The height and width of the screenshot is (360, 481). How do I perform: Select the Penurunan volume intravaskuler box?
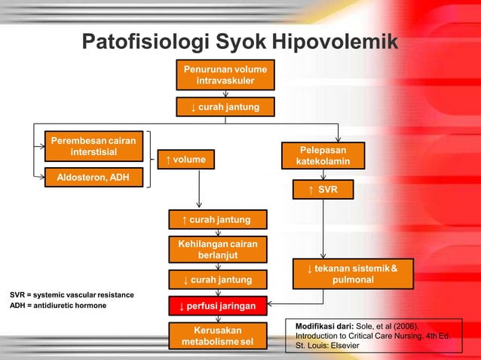point(225,75)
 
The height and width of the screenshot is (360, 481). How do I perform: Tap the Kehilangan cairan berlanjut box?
point(217,249)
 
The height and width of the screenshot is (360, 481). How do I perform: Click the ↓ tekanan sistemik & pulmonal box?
point(352,274)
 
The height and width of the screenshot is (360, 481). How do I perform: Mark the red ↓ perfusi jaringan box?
point(217,307)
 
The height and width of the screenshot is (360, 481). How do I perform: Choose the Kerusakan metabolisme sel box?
point(217,337)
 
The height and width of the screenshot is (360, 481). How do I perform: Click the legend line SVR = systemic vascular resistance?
point(72,294)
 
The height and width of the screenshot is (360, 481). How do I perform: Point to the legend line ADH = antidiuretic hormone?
point(58,306)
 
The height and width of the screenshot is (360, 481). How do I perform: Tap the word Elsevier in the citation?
point(344,346)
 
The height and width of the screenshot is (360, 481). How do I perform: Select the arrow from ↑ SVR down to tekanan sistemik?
point(323,230)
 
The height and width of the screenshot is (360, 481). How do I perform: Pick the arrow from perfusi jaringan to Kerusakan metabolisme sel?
point(217,319)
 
